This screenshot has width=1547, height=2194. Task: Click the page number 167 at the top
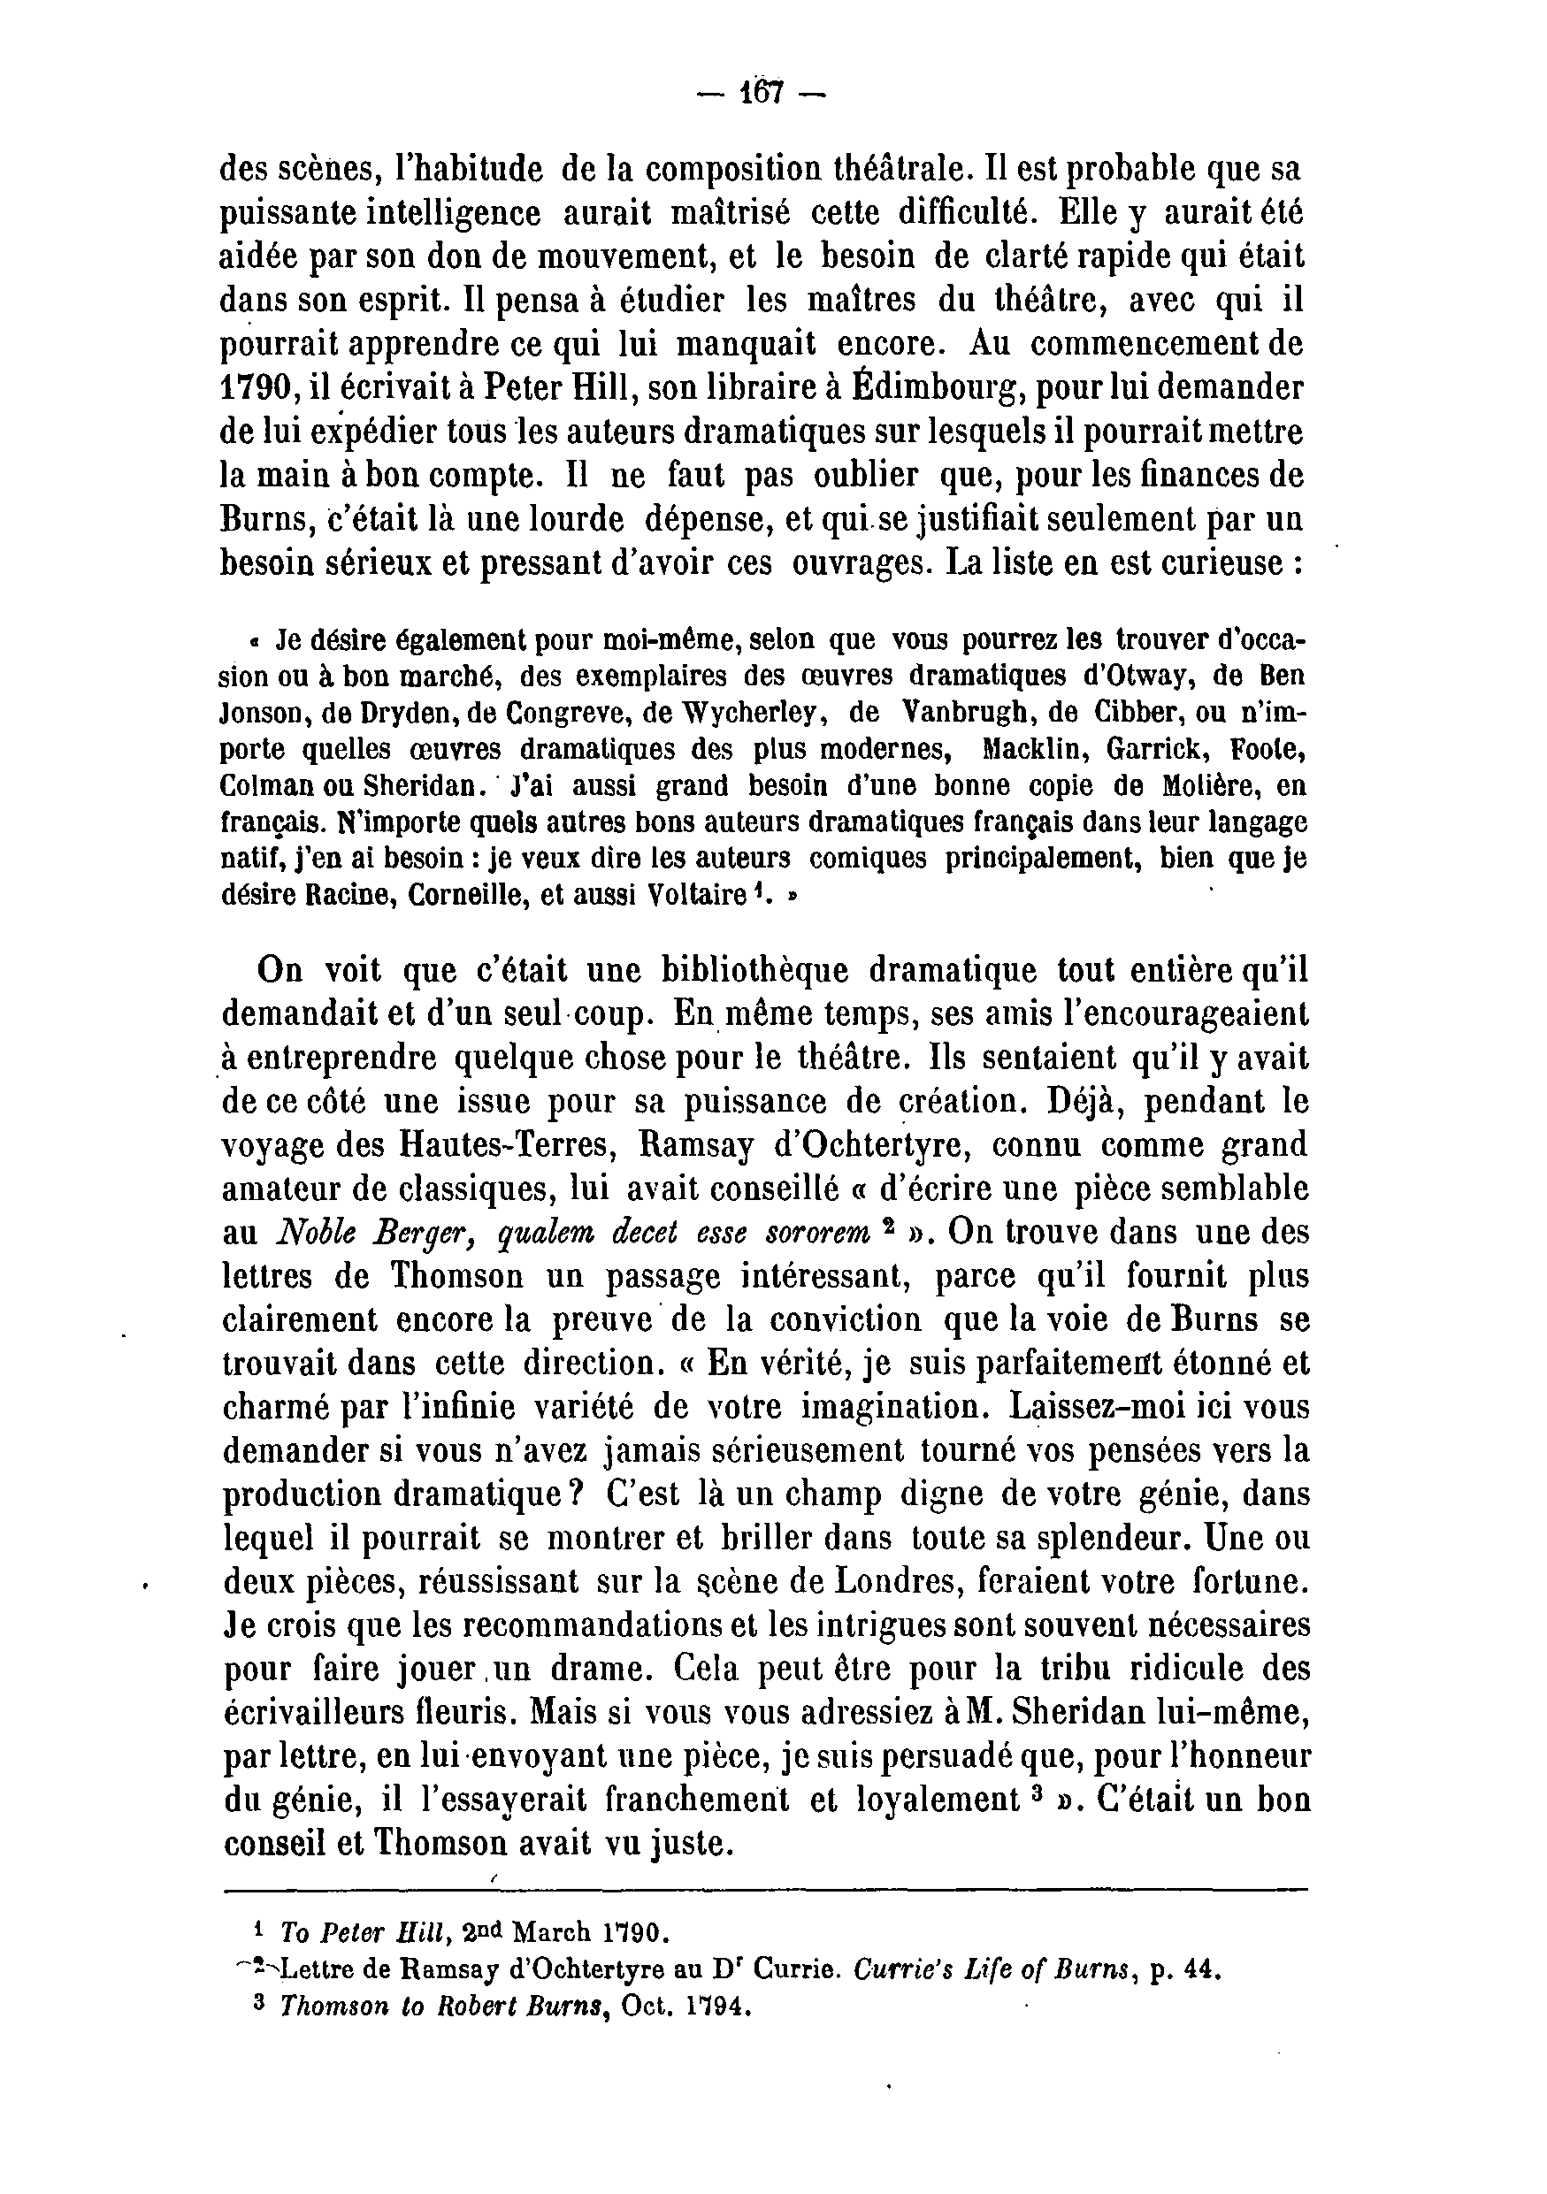(762, 93)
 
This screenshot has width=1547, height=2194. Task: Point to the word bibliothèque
(754, 970)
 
